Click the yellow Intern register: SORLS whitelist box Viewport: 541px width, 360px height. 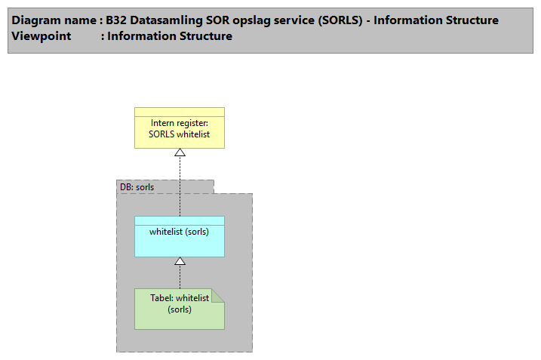[x=180, y=133]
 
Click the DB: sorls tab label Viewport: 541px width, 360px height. [x=137, y=186]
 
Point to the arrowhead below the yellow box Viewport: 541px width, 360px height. [x=180, y=152]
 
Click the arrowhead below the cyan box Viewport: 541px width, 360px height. [x=180, y=261]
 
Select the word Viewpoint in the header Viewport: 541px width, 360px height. [x=41, y=35]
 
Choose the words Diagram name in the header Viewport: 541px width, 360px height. [x=53, y=20]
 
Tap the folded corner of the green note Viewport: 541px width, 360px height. [x=217, y=295]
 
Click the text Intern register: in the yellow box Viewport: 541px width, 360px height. [x=180, y=123]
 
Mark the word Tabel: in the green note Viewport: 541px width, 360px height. [x=162, y=298]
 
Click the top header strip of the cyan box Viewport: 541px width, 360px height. [x=180, y=220]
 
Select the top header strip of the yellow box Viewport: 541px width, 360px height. [x=180, y=112]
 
